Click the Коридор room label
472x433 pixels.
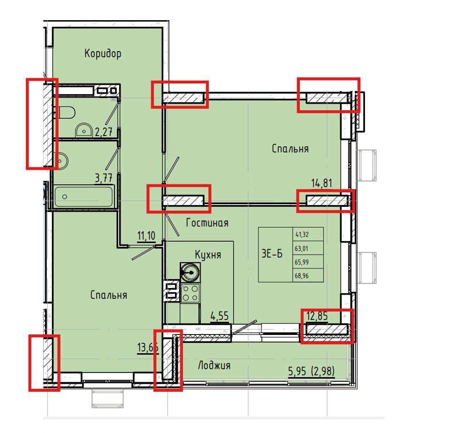pyautogui.click(x=103, y=53)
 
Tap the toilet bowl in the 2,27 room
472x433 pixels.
pyautogui.click(x=67, y=112)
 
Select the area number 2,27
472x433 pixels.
pyautogui.click(x=104, y=132)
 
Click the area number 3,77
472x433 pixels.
pyautogui.click(x=104, y=178)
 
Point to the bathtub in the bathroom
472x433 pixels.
pyautogui.click(x=84, y=197)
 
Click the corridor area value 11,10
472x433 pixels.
pyautogui.click(x=146, y=235)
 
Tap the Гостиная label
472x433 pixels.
pyautogui.click(x=207, y=223)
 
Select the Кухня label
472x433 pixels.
pyautogui.click(x=208, y=255)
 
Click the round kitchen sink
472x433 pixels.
pyautogui.click(x=190, y=272)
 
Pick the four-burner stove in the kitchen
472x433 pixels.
pyautogui.click(x=190, y=293)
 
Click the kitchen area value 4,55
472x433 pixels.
pyautogui.click(x=220, y=316)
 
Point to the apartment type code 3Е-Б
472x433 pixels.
pyautogui.click(x=272, y=254)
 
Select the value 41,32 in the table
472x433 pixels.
pyautogui.click(x=302, y=235)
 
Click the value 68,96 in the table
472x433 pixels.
pyautogui.click(x=302, y=276)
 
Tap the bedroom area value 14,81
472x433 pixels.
pyautogui.click(x=321, y=183)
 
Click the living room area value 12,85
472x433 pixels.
pyautogui.click(x=317, y=316)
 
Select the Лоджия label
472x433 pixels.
pyautogui.click(x=214, y=365)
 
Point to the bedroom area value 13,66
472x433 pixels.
pyautogui.click(x=148, y=348)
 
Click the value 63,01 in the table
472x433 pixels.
pyautogui.click(x=302, y=249)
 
